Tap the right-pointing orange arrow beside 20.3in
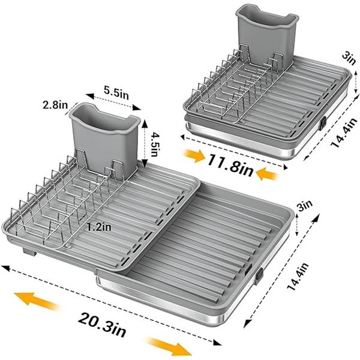pos(169,345)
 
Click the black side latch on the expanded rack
pos(259,275)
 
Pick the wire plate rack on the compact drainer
pos(234,90)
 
